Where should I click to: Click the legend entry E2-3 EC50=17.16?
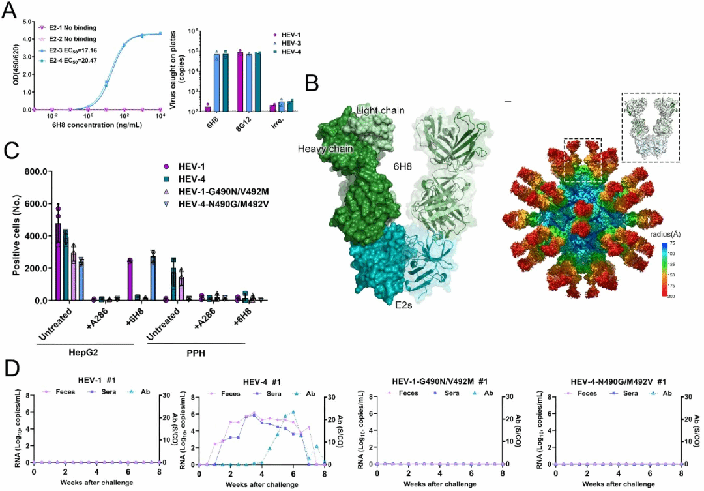coord(72,50)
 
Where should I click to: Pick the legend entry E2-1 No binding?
coord(72,28)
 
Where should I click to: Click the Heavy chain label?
coord(326,149)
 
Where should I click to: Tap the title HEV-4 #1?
coord(261,381)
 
